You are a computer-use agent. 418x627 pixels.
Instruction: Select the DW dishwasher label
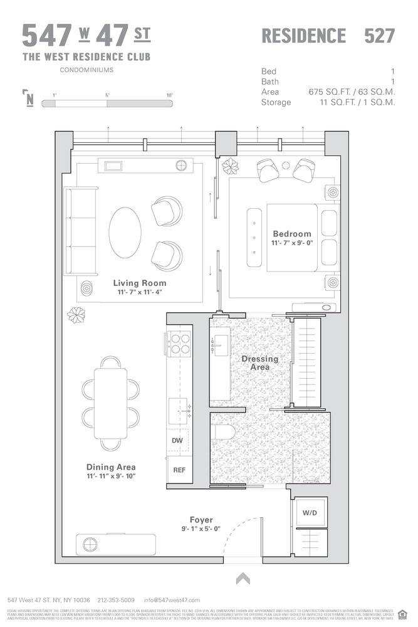(177, 441)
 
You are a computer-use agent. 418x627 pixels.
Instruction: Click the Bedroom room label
(291, 234)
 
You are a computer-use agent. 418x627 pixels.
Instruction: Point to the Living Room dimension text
(139, 292)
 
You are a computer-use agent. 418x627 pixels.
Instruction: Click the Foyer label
(201, 520)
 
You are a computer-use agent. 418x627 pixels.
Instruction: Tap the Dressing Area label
(260, 363)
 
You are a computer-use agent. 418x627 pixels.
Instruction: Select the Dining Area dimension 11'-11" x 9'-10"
(110, 477)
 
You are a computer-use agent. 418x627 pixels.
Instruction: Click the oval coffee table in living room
(125, 232)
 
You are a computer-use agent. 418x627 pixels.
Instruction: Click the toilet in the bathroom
(222, 432)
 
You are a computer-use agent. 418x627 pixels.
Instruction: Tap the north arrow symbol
(29, 98)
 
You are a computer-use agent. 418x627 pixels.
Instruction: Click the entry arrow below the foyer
(243, 579)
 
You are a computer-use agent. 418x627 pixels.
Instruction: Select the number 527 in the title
(380, 36)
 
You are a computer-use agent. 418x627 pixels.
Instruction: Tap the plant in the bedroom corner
(231, 167)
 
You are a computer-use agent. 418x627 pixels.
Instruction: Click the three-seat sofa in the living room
(81, 231)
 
